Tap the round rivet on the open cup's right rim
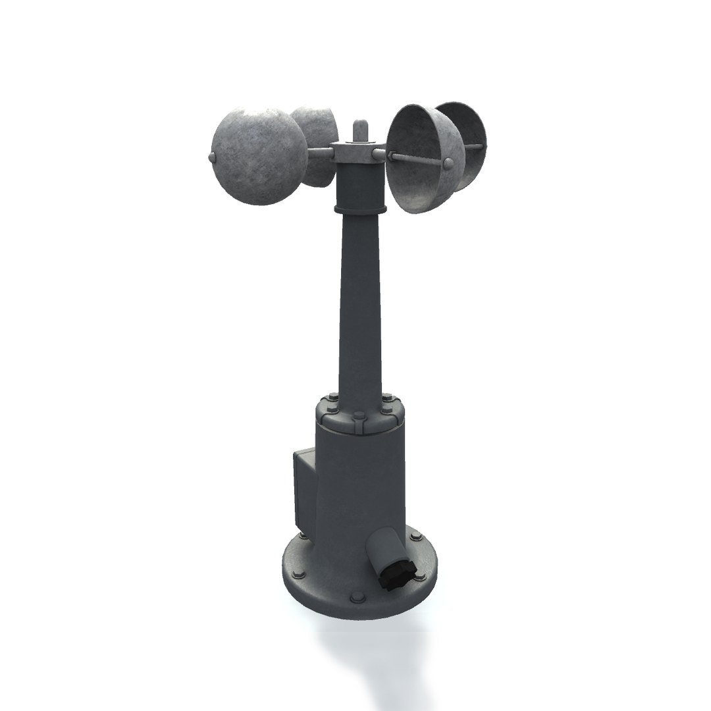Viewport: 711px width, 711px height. coord(448,163)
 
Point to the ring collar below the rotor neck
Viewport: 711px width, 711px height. coord(360,209)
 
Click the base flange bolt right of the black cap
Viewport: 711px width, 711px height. coord(419,577)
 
